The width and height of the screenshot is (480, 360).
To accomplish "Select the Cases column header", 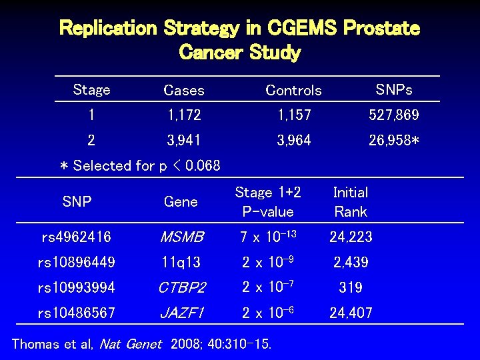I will pyautogui.click(x=184, y=90).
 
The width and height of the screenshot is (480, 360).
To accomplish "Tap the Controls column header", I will pyautogui.click(x=293, y=90).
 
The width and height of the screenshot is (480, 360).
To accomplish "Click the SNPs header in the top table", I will pyautogui.click(x=394, y=89).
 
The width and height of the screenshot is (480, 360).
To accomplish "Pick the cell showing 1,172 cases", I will pyautogui.click(x=184, y=115).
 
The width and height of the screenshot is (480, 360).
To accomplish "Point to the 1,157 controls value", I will pyautogui.click(x=294, y=115).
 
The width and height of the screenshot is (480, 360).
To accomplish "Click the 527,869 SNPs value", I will pyautogui.click(x=394, y=115).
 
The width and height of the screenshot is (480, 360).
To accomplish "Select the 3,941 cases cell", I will pyautogui.click(x=184, y=141).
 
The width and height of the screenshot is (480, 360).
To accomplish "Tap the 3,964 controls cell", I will pyautogui.click(x=294, y=141).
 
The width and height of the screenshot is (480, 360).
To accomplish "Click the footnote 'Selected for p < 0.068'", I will pyautogui.click(x=140, y=165).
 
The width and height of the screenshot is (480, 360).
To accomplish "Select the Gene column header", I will pyautogui.click(x=181, y=202).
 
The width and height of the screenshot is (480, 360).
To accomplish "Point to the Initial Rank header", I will pyautogui.click(x=350, y=202).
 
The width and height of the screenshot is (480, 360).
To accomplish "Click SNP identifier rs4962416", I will pyautogui.click(x=76, y=237).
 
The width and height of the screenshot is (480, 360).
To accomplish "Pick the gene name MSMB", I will pyautogui.click(x=181, y=237).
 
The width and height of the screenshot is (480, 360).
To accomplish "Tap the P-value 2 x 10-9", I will pyautogui.click(x=267, y=262).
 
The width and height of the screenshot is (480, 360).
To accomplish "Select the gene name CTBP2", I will pyautogui.click(x=181, y=287).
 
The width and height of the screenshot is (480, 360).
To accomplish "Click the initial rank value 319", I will pyautogui.click(x=350, y=287).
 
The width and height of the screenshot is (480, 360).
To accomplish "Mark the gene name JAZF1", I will pyautogui.click(x=181, y=313).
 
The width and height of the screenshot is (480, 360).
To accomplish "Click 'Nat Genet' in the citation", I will pyautogui.click(x=130, y=345).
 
